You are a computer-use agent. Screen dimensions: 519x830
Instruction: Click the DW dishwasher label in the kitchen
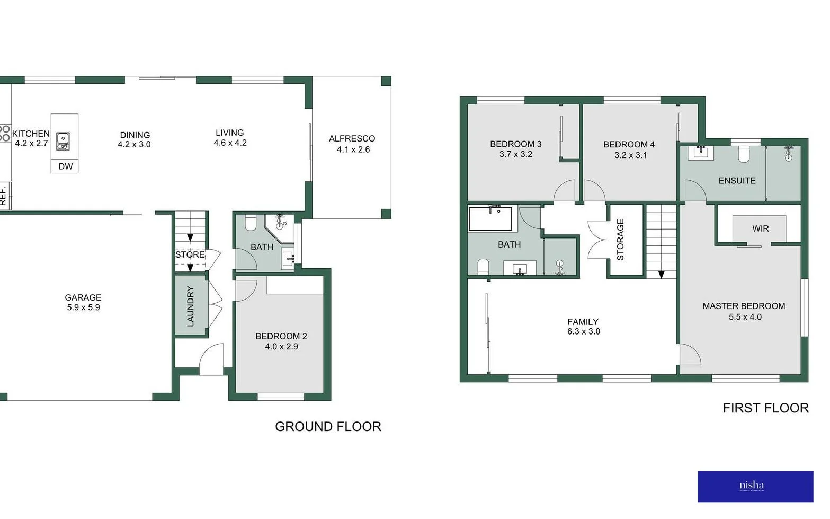[x=66, y=166]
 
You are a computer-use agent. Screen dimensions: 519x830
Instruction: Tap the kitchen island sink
[x=63, y=140]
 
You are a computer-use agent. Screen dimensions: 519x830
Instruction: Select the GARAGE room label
[x=83, y=297]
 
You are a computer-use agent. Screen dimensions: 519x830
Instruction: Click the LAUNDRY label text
[x=191, y=306]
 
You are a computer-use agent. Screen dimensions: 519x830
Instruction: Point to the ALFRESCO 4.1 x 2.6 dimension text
[x=353, y=149]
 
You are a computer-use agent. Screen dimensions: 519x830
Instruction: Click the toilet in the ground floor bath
[x=251, y=222]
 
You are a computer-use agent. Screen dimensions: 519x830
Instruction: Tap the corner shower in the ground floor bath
[x=280, y=224]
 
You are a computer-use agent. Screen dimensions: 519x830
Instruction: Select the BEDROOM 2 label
[x=281, y=336]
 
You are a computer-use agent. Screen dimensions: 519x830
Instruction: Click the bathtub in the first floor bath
[x=490, y=218]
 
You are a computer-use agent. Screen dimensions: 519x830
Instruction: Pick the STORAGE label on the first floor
[x=620, y=240]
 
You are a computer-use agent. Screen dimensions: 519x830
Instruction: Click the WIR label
[x=760, y=228]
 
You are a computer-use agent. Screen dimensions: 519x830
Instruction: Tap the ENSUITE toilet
[x=744, y=154]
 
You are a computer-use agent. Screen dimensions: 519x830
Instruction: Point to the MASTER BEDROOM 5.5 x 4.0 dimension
[x=745, y=317]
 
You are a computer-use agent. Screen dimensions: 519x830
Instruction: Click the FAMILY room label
[x=583, y=322]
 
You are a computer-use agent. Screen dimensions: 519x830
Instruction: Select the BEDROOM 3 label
[x=515, y=144]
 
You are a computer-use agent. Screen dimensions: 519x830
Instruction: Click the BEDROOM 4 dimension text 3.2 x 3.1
[x=630, y=155]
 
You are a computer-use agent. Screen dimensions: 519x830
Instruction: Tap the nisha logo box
[x=755, y=486]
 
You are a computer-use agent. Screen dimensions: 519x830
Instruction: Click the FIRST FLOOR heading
[x=765, y=408]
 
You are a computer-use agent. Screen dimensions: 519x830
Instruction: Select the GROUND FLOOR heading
[x=328, y=426]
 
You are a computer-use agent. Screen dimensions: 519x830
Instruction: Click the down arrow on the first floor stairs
[x=661, y=275]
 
